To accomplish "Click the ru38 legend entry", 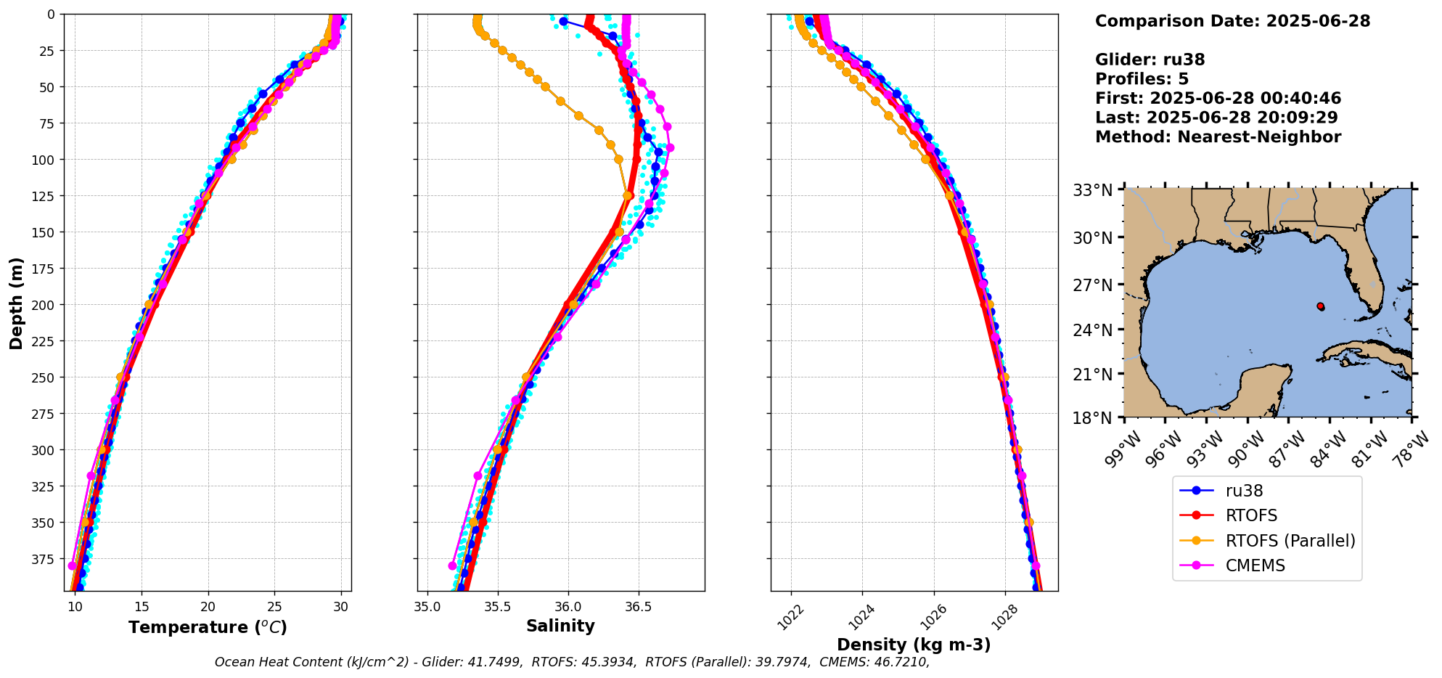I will [x=1244, y=491].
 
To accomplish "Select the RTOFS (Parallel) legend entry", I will [x=1290, y=541].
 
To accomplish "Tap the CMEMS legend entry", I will [x=1255, y=565].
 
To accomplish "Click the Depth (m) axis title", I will [x=16, y=303].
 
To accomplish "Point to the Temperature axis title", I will [x=208, y=627].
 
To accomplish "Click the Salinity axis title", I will [x=560, y=626].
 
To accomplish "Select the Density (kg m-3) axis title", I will [x=914, y=645].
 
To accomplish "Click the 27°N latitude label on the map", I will [x=1092, y=285].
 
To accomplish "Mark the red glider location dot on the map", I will [x=1320, y=306].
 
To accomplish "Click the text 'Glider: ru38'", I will [x=1150, y=60].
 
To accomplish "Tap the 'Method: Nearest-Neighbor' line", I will [x=1218, y=136].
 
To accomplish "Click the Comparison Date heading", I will [x=1232, y=21].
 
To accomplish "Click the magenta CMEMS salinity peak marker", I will [x=670, y=147].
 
